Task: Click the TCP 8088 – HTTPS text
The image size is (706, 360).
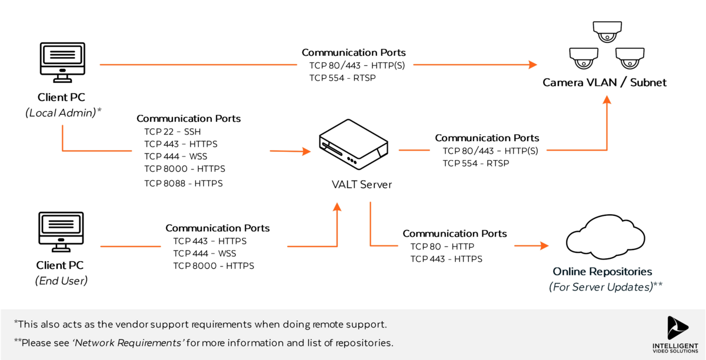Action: point(184,184)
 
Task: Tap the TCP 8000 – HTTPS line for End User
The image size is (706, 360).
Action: point(214,266)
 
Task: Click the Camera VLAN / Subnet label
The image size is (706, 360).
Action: point(605,82)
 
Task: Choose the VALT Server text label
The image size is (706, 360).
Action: point(361,185)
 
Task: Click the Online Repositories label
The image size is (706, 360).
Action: point(602,272)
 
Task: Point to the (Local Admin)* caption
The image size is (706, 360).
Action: point(64,112)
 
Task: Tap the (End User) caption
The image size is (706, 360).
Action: point(61,281)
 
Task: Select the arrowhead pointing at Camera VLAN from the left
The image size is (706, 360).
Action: point(533,64)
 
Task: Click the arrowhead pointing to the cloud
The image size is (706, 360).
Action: point(543,245)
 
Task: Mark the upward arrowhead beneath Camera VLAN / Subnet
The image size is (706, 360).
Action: point(607,101)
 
